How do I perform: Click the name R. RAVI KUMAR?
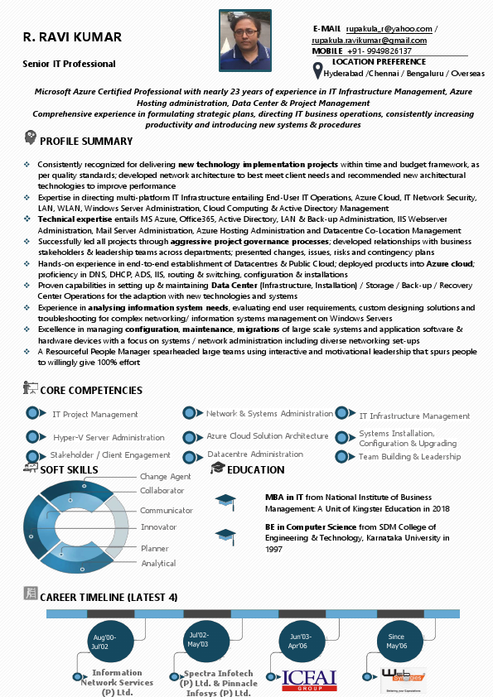click(x=73, y=37)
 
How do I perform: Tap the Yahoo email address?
click(x=389, y=29)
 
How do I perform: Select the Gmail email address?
click(x=369, y=40)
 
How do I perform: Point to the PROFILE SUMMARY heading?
click(x=85, y=142)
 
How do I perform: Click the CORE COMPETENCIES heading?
click(x=91, y=391)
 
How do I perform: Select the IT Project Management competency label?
click(x=95, y=414)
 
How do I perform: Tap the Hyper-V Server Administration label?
click(x=109, y=437)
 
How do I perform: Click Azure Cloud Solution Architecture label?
click(x=268, y=436)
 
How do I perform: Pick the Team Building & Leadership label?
click(x=409, y=457)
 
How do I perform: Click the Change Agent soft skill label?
click(x=166, y=477)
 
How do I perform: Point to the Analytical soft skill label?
click(x=158, y=564)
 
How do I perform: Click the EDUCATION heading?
click(x=255, y=470)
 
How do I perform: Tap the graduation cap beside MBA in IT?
click(x=225, y=500)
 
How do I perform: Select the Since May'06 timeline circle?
click(x=397, y=640)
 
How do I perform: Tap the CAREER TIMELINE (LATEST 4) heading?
click(x=109, y=597)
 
